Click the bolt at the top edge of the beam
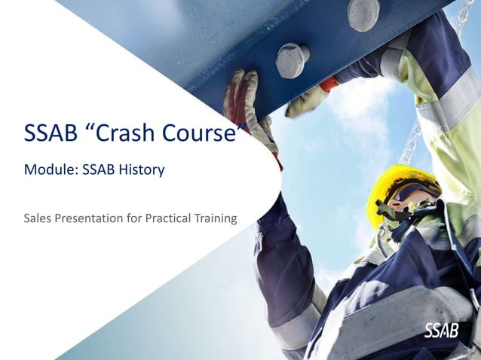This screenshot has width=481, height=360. (363, 13)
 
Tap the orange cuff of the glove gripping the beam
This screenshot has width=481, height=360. (329, 84)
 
